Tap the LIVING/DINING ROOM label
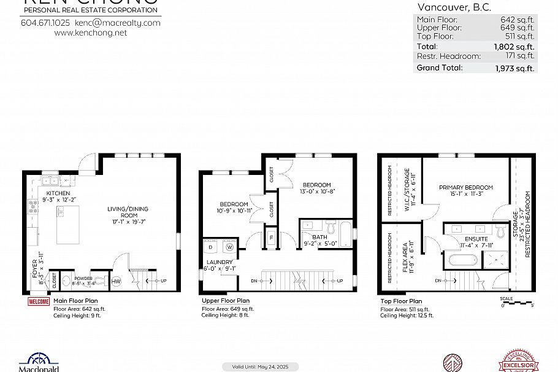[x=128, y=212]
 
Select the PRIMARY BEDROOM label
[x=465, y=187]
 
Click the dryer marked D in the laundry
[x=212, y=247]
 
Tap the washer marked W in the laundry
[x=229, y=247]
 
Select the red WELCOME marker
[x=38, y=301]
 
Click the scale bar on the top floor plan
[x=516, y=302]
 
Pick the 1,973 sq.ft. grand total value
[x=514, y=68]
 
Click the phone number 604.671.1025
[x=45, y=23]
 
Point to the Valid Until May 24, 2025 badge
[x=260, y=366]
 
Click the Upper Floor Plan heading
[x=226, y=301]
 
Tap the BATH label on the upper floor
[x=319, y=237]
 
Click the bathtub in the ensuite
[x=464, y=260]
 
